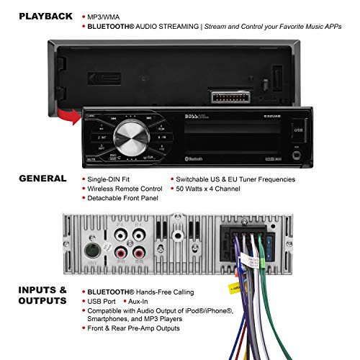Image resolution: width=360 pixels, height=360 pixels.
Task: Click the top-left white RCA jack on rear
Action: point(117,235)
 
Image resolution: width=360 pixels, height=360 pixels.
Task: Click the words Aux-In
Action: point(146,302)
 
